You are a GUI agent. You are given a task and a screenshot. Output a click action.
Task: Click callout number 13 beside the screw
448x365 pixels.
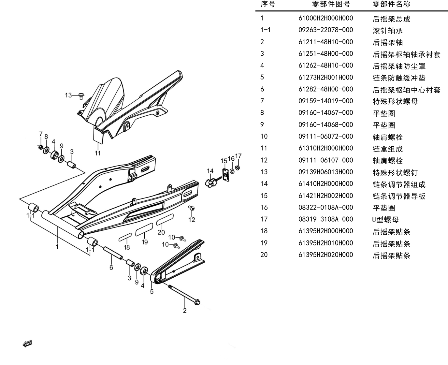click(68, 95)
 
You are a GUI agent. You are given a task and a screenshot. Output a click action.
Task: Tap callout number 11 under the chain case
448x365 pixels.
click(98, 153)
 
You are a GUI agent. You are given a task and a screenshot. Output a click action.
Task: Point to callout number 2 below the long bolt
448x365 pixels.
click(185, 311)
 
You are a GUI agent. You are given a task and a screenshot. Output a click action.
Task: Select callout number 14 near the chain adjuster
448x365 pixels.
click(210, 171)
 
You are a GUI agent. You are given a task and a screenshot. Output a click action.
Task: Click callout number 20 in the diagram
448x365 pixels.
click(161, 232)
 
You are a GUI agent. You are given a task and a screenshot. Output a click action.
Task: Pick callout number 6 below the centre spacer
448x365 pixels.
click(111, 268)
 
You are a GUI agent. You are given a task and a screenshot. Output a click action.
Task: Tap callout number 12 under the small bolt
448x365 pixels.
click(192, 220)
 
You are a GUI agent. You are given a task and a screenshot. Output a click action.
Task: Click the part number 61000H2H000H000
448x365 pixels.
click(325, 18)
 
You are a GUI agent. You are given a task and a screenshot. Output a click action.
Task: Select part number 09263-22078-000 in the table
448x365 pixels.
click(325, 30)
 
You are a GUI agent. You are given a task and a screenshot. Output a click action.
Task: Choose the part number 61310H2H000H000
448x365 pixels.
click(325, 148)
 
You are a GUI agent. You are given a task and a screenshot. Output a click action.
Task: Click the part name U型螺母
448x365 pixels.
click(385, 220)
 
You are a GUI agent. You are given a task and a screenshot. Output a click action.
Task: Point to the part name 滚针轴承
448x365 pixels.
click(388, 31)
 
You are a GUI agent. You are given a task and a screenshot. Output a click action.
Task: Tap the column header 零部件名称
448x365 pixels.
click(391, 4)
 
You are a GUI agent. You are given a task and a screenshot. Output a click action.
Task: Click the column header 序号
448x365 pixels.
click(268, 4)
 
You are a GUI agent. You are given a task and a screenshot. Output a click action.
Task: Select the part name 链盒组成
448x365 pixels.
click(388, 149)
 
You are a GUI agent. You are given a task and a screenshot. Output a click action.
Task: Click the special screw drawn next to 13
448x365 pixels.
click(81, 96)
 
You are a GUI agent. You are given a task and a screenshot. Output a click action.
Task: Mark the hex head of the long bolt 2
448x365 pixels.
click(197, 302)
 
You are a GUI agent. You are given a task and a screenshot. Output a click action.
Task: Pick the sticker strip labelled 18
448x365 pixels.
click(125, 237)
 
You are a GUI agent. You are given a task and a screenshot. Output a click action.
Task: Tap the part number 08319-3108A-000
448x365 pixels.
click(325, 219)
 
